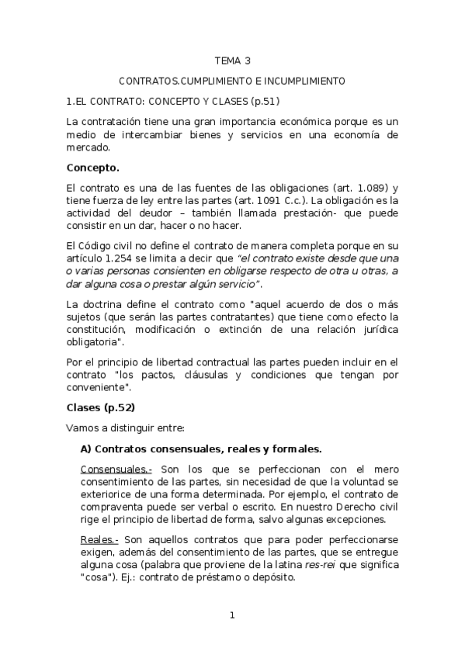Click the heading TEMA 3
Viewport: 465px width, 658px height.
232,61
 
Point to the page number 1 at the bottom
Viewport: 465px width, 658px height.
231,615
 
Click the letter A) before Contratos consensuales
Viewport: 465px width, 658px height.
87,448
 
